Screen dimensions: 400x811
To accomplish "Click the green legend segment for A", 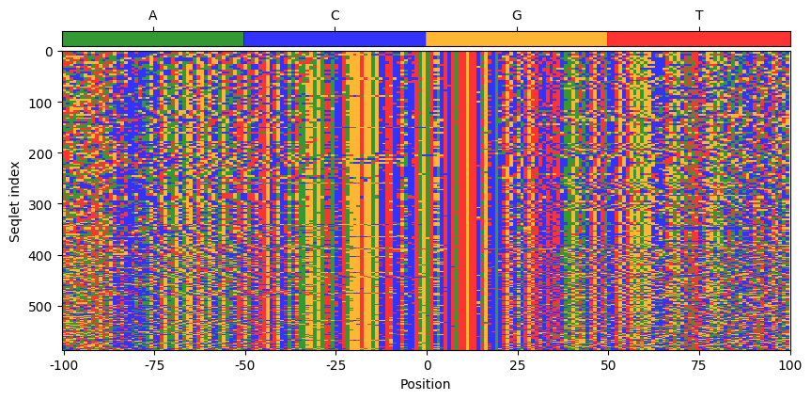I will pos(153,39).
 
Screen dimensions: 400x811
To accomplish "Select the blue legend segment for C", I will pos(335,39).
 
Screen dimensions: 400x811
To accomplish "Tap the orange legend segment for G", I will pos(517,39).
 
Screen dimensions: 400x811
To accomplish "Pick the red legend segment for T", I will pos(698,39).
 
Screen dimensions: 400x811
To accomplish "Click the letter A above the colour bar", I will pos(153,16).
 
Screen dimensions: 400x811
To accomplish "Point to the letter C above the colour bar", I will pos(335,16).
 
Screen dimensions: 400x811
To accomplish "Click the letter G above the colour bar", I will pos(517,16).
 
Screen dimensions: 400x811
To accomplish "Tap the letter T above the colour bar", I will pos(698,16).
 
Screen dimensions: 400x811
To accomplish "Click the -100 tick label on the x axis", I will pos(63,364).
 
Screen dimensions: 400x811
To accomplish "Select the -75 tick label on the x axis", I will pos(153,364).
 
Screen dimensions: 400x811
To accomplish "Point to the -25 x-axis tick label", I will pos(335,364).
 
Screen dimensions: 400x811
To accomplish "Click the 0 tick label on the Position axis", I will pos(427,364).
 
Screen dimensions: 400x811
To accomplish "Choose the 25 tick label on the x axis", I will pos(517,364).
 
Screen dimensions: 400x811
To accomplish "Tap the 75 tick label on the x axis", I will pos(699,364).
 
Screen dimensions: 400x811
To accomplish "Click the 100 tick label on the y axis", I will pos(43,103).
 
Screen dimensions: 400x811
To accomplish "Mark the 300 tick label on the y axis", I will pos(43,204).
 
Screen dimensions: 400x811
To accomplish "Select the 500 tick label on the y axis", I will pos(43,307).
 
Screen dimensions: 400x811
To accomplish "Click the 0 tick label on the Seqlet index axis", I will pos(50,52).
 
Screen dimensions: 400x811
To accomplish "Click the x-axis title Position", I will pos(426,384).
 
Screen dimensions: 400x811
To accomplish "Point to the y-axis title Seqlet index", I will pos(16,200).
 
